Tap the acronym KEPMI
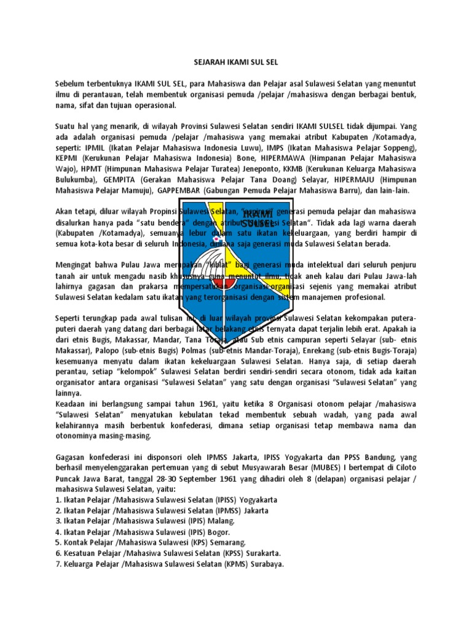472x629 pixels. pyautogui.click(x=66, y=158)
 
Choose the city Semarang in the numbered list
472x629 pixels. pyautogui.click(x=227, y=542)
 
